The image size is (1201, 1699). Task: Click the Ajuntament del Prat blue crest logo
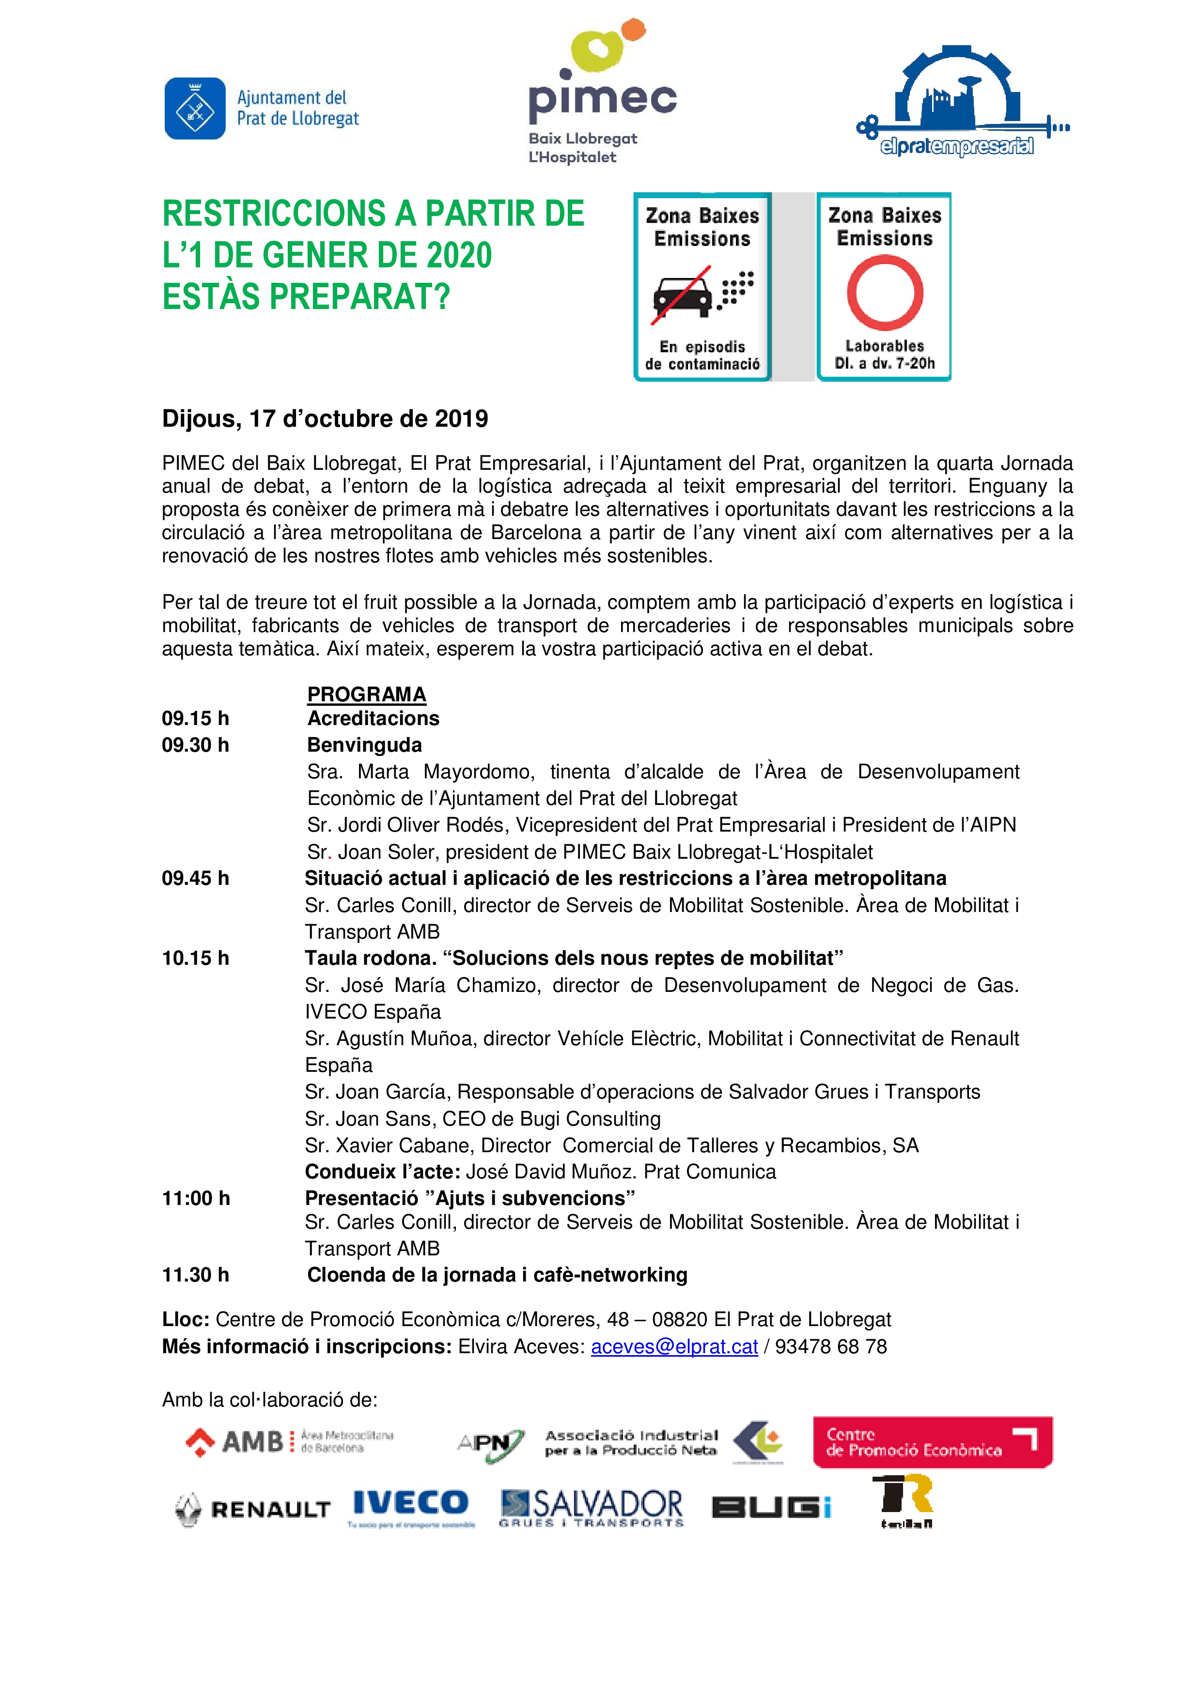click(195, 109)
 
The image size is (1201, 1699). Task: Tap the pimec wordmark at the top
click(602, 101)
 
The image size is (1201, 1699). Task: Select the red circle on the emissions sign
click(884, 293)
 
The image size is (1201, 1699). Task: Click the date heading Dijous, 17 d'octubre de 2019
click(325, 419)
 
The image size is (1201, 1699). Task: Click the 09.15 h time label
click(195, 719)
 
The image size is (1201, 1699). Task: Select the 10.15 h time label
click(195, 958)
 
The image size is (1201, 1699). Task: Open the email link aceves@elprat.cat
click(674, 1347)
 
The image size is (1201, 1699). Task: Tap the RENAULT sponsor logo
click(252, 1510)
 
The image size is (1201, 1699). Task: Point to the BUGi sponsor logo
click(771, 1507)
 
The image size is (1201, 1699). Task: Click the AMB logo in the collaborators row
click(289, 1441)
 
